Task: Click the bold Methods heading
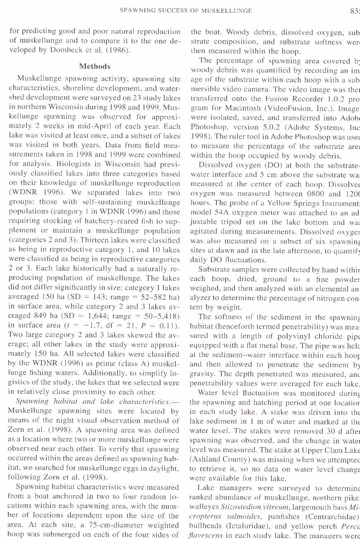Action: (95, 66)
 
